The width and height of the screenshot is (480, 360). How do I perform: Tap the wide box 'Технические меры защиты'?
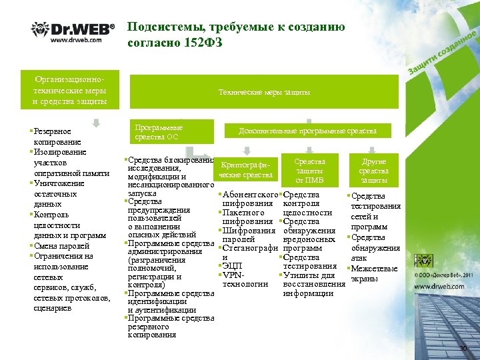265,92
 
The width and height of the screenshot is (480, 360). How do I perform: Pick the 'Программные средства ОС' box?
171,131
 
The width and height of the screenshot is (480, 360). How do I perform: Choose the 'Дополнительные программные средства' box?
308,131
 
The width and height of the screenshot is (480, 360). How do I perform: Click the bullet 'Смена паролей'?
63,245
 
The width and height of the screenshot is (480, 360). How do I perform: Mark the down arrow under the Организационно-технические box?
96,122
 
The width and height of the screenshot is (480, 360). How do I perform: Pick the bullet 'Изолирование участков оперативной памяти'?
69,163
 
